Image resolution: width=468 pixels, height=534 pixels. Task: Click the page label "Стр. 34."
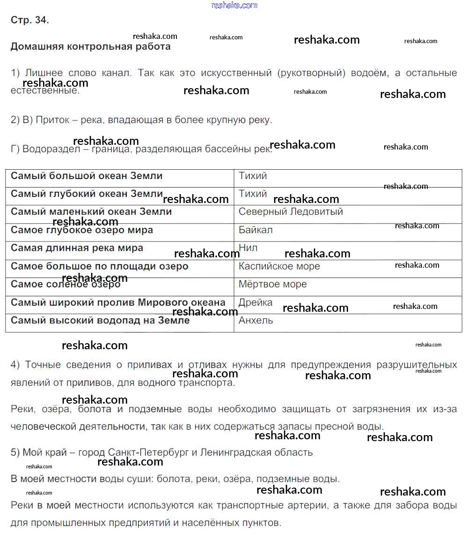click(29, 20)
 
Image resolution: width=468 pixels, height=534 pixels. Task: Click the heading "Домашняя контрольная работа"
click(90, 47)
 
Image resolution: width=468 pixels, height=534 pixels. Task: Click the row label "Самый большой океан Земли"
click(87, 176)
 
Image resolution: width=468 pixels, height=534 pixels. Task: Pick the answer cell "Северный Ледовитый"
click(291, 212)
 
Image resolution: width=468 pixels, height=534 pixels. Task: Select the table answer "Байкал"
click(256, 230)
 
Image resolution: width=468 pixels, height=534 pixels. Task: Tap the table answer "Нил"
click(248, 248)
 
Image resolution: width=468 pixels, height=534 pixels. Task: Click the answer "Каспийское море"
click(279, 266)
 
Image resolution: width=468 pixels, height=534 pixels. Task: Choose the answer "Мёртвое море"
click(272, 284)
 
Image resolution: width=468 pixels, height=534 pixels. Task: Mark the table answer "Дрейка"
click(255, 302)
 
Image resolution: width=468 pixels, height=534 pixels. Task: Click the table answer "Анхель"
click(256, 321)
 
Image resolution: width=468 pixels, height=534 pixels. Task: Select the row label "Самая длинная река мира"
click(77, 248)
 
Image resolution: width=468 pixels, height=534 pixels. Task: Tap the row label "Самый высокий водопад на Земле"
click(100, 321)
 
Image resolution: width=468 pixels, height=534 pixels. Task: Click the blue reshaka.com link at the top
click(234, 5)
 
